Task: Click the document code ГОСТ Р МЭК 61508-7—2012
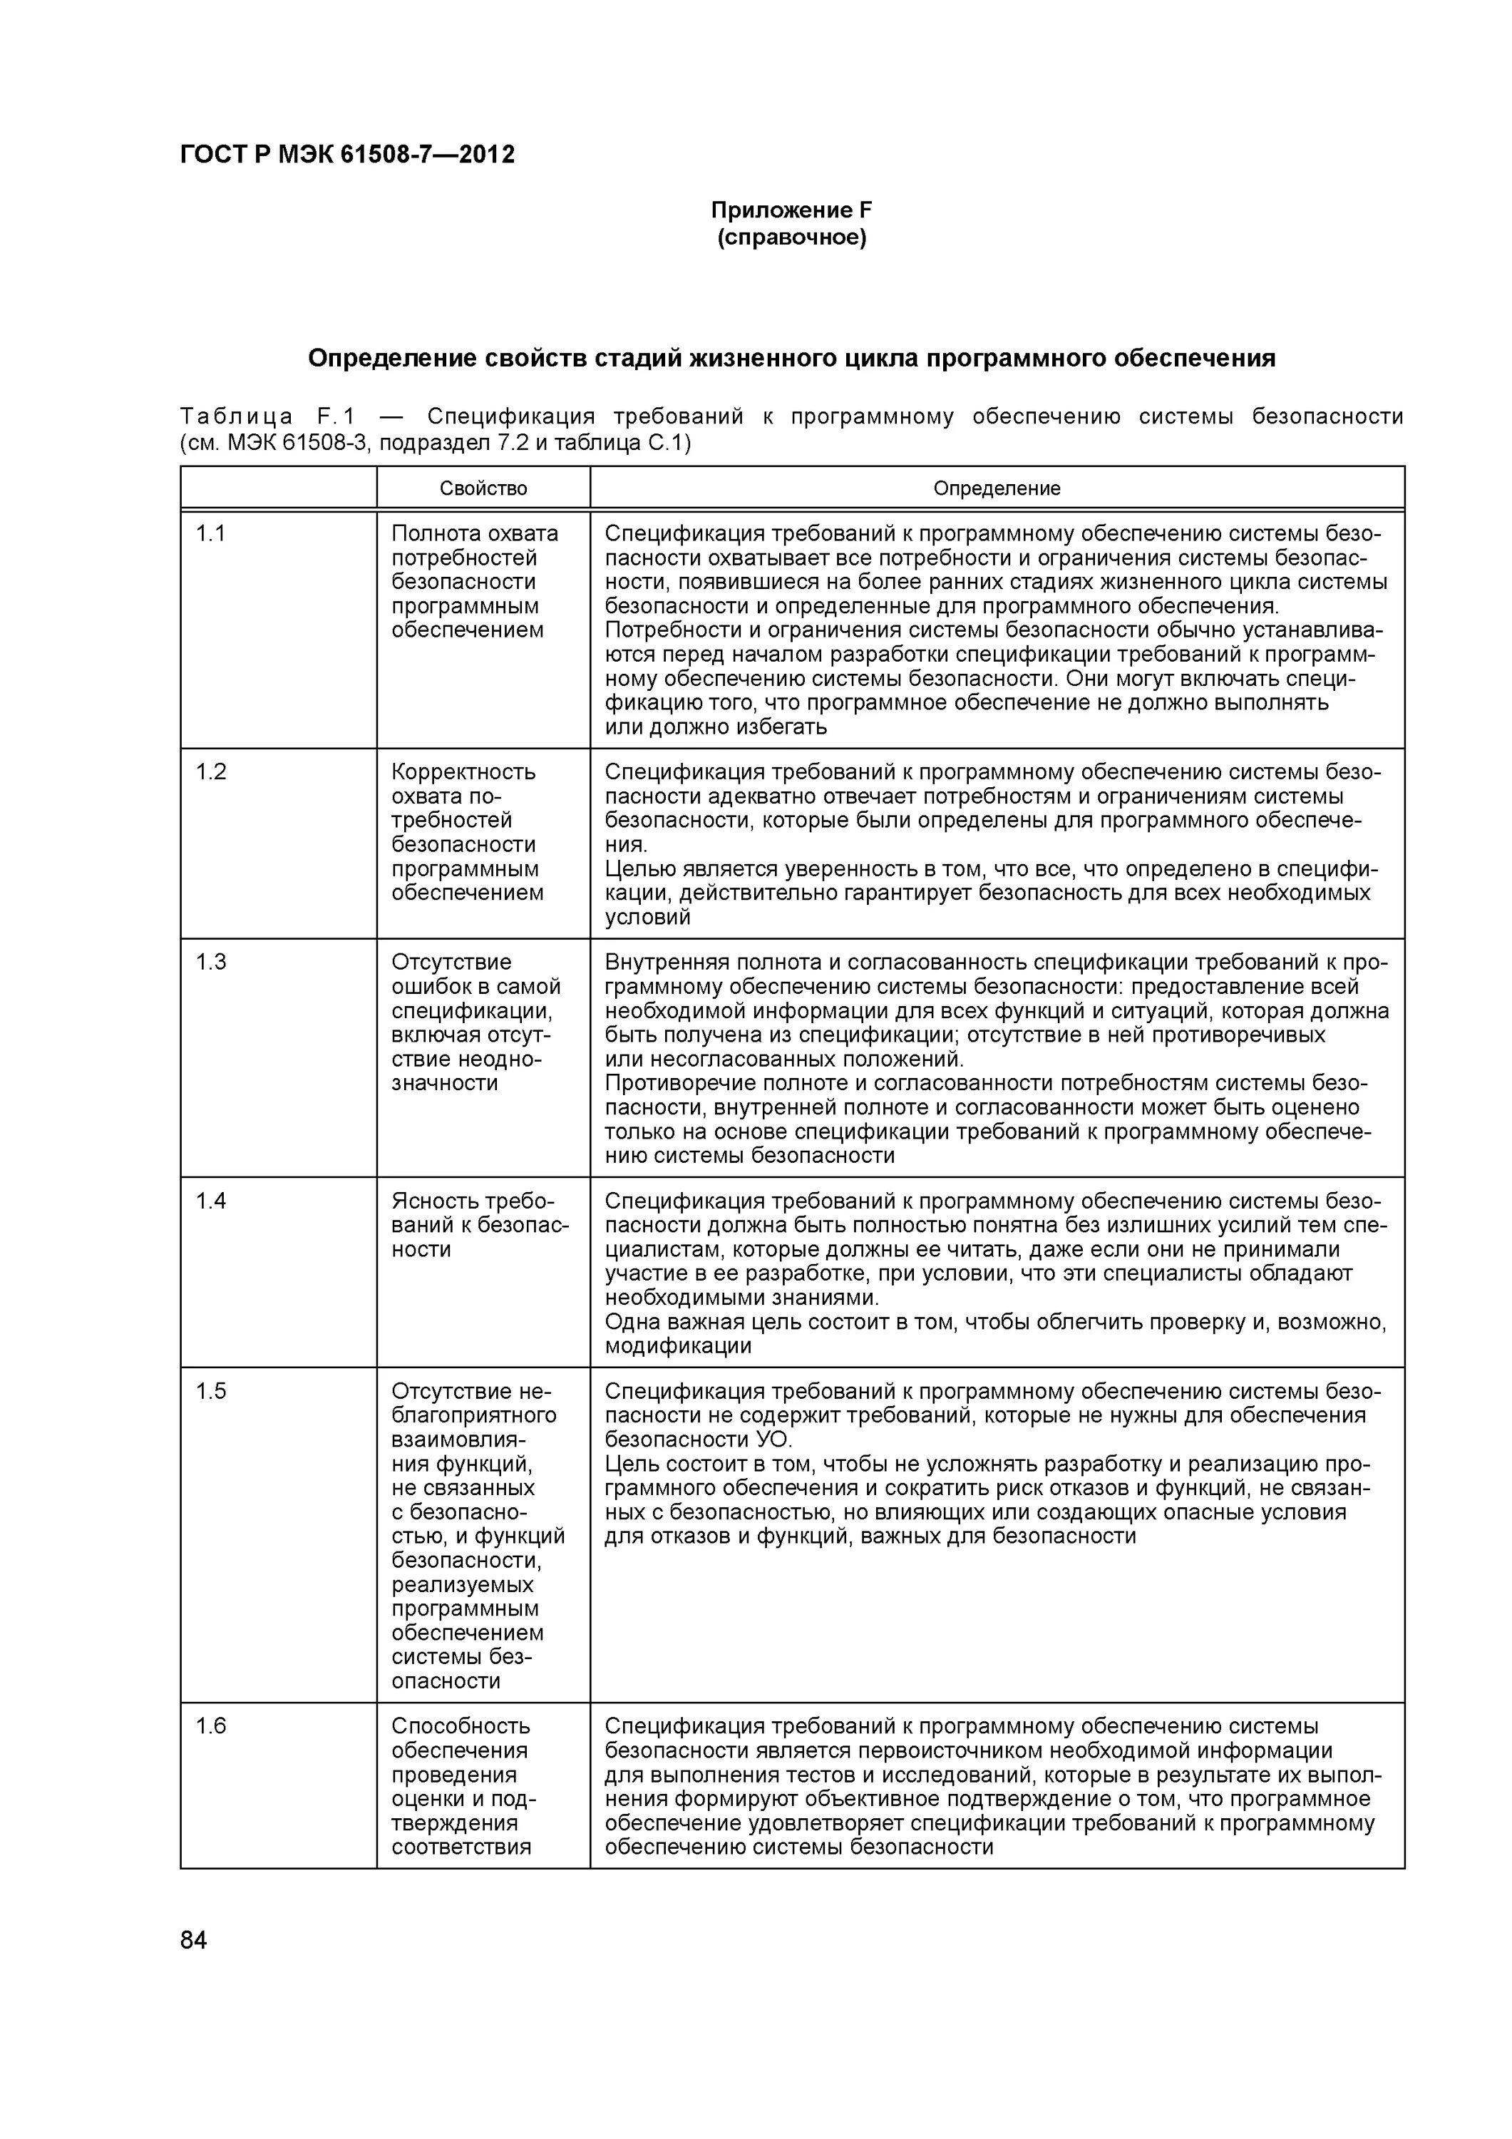click(x=346, y=155)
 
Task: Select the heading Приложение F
click(x=791, y=210)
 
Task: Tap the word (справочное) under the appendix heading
click(x=791, y=238)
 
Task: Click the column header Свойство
click(x=483, y=489)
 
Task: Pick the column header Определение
click(x=996, y=489)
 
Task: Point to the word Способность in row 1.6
click(x=461, y=1726)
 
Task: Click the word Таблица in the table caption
click(x=237, y=416)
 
